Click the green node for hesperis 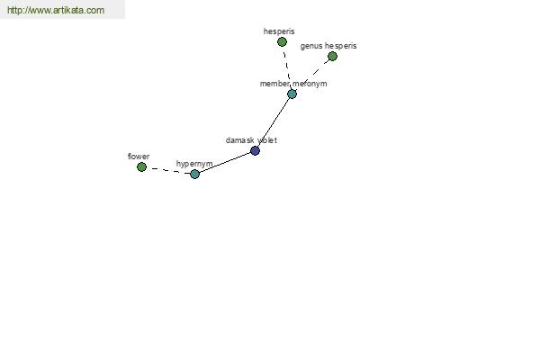[x=282, y=42]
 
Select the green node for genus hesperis [x=332, y=56]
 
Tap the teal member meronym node [x=292, y=94]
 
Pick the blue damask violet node [x=256, y=150]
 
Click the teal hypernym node [x=195, y=174]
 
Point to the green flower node [x=141, y=167]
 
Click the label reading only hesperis [x=279, y=31]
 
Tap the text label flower [x=139, y=157]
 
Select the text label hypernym [x=194, y=164]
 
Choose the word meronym [x=310, y=84]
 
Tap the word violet [x=267, y=140]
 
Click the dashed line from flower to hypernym [x=168, y=170]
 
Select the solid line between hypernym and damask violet [x=225, y=162]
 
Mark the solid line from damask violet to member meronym [x=274, y=122]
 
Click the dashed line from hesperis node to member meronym [x=287, y=67]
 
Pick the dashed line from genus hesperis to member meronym [x=312, y=75]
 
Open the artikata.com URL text [x=56, y=10]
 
